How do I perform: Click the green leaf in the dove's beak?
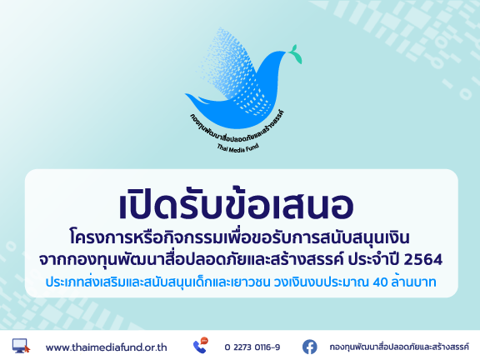pyautogui.click(x=295, y=54)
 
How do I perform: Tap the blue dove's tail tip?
pyautogui.click(x=186, y=94)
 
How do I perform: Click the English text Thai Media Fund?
pyautogui.click(x=238, y=147)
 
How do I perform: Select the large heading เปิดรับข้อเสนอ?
pyautogui.click(x=237, y=203)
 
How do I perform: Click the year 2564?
pyautogui.click(x=423, y=260)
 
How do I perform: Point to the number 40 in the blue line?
pyautogui.click(x=380, y=282)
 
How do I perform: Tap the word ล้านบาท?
pyautogui.click(x=413, y=282)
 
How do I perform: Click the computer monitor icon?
pyautogui.click(x=21, y=346)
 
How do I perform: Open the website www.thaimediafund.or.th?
pyautogui.click(x=106, y=347)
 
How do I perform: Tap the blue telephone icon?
pyautogui.click(x=199, y=347)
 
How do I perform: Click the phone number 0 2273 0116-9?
pyautogui.click(x=252, y=347)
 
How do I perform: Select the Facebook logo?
pyautogui.click(x=310, y=347)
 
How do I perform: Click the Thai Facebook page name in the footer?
pyautogui.click(x=399, y=347)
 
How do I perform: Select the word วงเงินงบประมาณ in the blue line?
pyautogui.click(x=321, y=282)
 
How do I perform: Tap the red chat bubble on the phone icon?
pyautogui.click(x=204, y=341)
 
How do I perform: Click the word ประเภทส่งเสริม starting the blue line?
pyautogui.click(x=86, y=282)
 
